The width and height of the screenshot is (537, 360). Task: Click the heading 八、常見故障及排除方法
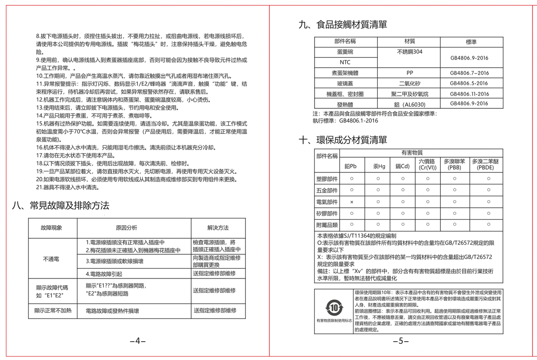[x=60, y=206]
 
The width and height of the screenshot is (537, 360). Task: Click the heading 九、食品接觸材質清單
[x=342, y=25]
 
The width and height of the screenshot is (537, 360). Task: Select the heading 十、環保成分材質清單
[x=342, y=140]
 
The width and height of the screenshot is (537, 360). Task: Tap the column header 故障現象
[x=52, y=227]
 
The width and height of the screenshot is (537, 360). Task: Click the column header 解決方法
[x=218, y=227]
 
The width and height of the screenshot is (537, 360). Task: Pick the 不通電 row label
[x=52, y=259]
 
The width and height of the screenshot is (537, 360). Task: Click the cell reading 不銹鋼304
[x=409, y=51]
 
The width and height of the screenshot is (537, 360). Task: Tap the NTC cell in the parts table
[x=345, y=62]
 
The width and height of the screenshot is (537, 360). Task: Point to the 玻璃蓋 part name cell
[x=345, y=83]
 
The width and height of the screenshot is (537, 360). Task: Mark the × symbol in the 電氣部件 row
[x=352, y=202]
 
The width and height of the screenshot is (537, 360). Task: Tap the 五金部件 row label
[x=327, y=190]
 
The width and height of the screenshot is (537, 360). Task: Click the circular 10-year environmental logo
[x=334, y=308]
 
